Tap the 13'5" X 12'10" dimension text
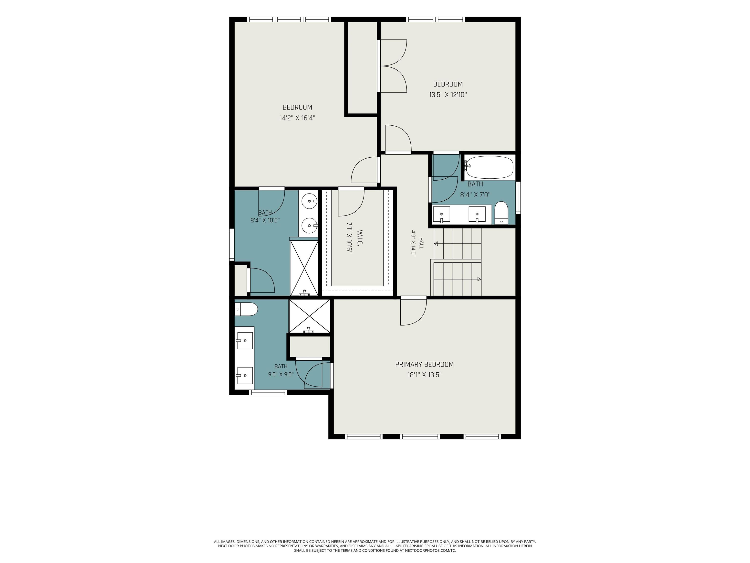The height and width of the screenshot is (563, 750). pyautogui.click(x=448, y=95)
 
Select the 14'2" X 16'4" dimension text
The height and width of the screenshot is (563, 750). pyautogui.click(x=297, y=118)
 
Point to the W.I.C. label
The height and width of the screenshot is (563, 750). pyautogui.click(x=360, y=238)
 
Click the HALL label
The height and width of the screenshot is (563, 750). pyautogui.click(x=421, y=243)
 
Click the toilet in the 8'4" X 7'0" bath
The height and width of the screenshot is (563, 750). pyautogui.click(x=501, y=213)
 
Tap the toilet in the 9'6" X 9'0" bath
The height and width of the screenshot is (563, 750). pyautogui.click(x=246, y=309)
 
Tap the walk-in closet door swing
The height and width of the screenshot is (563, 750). pyautogui.click(x=351, y=203)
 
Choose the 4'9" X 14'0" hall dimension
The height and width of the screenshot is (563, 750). pyautogui.click(x=413, y=243)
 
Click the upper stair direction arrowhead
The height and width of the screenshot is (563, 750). pyautogui.click(x=436, y=244)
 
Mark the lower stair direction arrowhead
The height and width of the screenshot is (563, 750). pyautogui.click(x=479, y=279)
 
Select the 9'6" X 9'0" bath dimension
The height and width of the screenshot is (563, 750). pyautogui.click(x=281, y=375)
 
